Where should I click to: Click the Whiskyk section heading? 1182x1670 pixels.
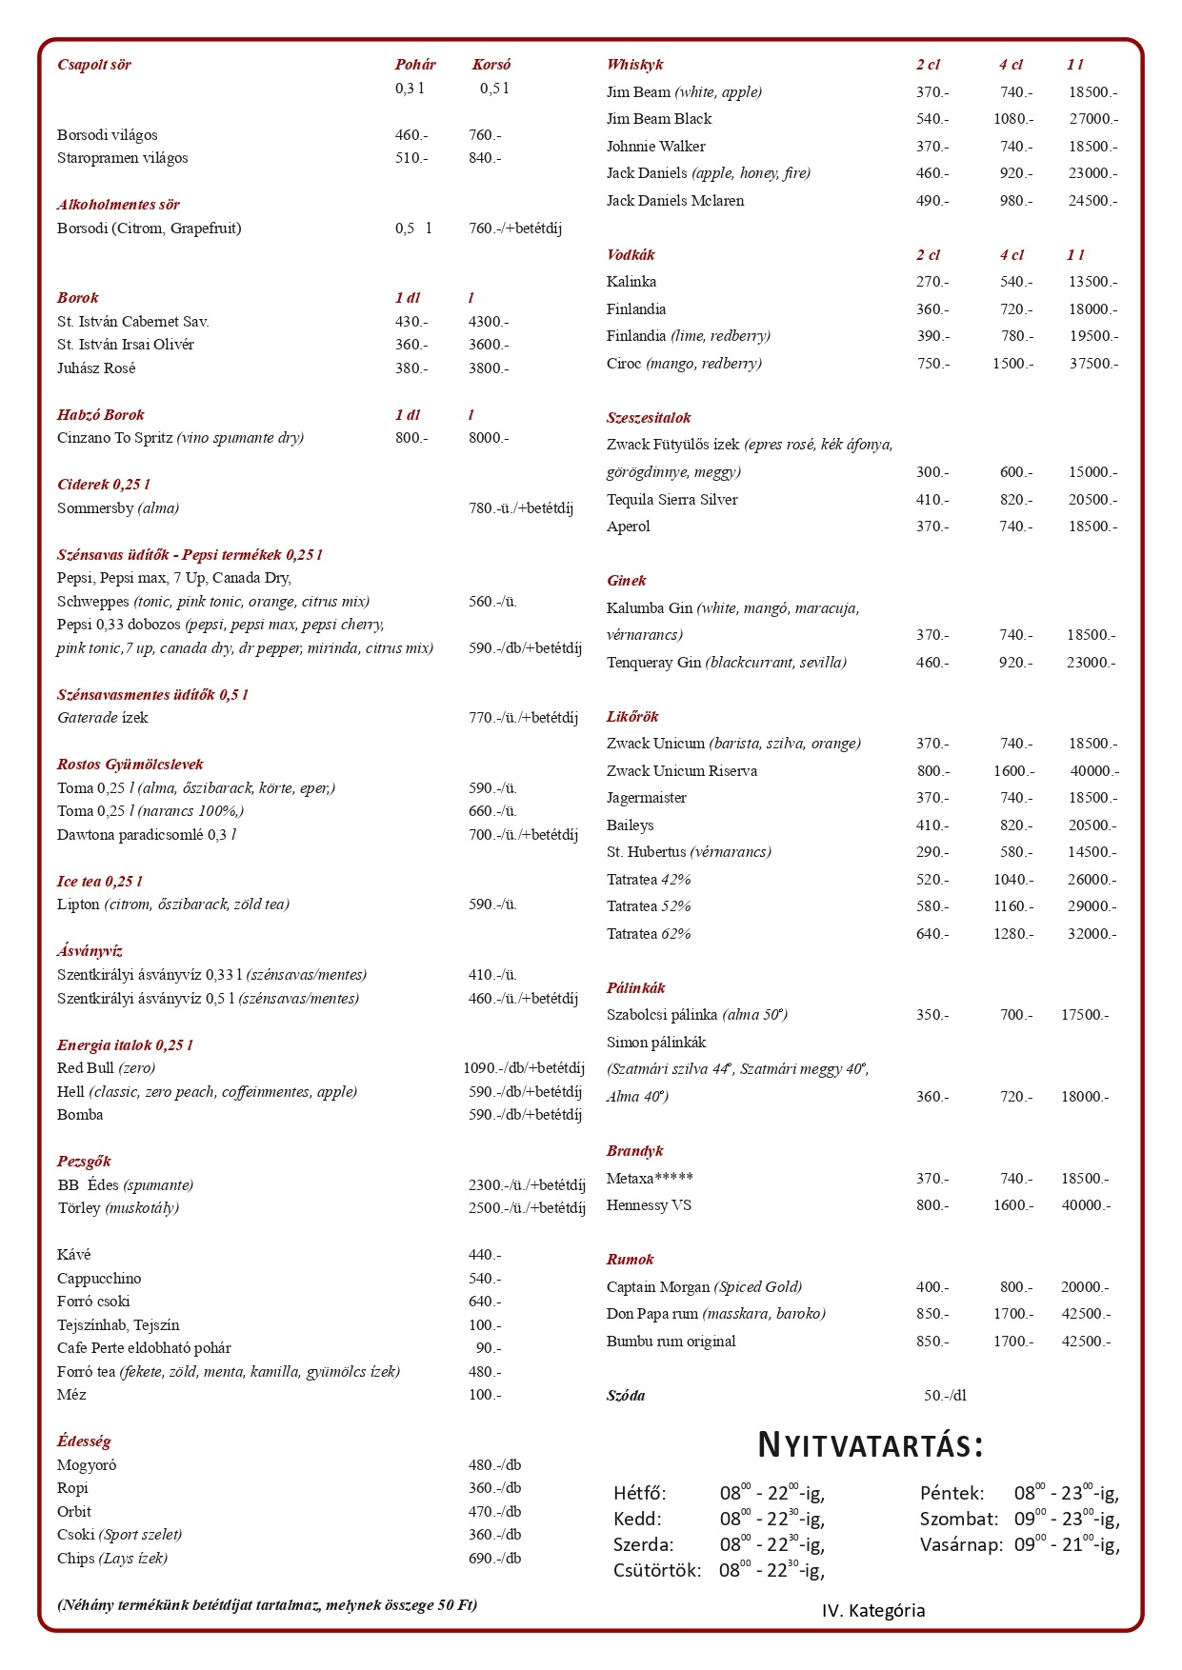pos(634,65)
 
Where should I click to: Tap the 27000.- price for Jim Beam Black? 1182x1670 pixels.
pos(1092,119)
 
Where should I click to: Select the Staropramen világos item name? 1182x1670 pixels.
pos(122,158)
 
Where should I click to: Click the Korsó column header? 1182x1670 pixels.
pos(491,65)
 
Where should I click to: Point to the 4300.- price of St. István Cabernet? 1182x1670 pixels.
pos(488,322)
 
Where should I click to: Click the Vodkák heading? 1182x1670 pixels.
pos(631,255)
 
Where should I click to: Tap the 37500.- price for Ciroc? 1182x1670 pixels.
pos(1092,364)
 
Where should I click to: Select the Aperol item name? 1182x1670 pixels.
pos(629,527)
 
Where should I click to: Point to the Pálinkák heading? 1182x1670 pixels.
pos(635,988)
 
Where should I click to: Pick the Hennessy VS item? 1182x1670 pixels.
pos(649,1205)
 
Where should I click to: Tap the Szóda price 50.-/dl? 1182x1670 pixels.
pos(945,1396)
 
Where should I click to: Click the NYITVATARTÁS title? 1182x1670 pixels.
pos(870,1445)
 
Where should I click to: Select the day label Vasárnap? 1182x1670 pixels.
pos(961,1545)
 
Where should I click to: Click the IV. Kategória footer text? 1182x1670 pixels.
pos(873,1611)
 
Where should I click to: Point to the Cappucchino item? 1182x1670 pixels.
pos(99,1279)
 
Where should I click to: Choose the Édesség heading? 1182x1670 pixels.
pos(84,1441)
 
